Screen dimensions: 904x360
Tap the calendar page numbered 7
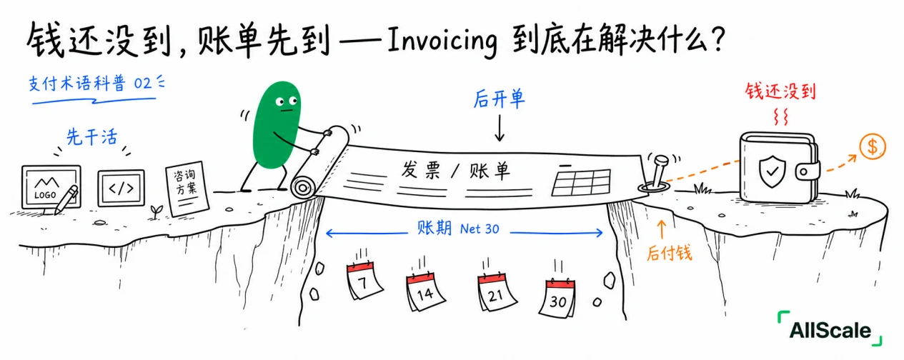pyautogui.click(x=364, y=281)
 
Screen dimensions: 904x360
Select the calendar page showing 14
pyautogui.click(x=424, y=291)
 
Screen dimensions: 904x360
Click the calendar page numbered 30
pyautogui.click(x=559, y=298)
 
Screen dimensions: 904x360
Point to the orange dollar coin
pyautogui.click(x=872, y=146)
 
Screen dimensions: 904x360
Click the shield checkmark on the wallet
pyautogui.click(x=772, y=171)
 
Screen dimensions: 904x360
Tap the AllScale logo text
pyautogui.click(x=830, y=331)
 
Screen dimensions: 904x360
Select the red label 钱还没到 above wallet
pyautogui.click(x=780, y=91)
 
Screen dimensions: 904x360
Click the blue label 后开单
pyautogui.click(x=500, y=99)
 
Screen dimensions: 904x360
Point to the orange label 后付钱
pyautogui.click(x=670, y=253)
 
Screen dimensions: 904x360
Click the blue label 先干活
pyautogui.click(x=92, y=137)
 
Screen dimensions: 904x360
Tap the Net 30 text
pyautogui.click(x=480, y=229)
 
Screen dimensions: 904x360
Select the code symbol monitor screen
pyautogui.click(x=121, y=188)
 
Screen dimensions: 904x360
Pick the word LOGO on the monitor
pyautogui.click(x=45, y=195)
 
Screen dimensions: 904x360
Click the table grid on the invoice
pyautogui.click(x=581, y=183)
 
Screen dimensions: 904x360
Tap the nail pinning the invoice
pyautogui.click(x=657, y=171)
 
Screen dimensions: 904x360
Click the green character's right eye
pyautogui.click(x=294, y=100)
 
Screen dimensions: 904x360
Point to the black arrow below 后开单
pyautogui.click(x=500, y=128)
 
